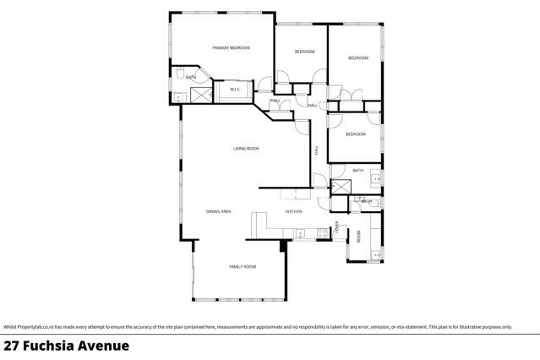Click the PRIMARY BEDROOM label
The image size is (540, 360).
(231, 48)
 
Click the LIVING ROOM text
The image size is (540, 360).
(246, 149)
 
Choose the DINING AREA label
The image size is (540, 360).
(218, 211)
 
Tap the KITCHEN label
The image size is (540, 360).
(293, 211)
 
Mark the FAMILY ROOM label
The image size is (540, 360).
(243, 266)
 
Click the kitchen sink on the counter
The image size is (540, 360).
(300, 233)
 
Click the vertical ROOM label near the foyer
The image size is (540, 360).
(358, 237)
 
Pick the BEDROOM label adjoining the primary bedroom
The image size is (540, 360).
(304, 52)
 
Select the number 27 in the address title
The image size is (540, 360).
(11, 346)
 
